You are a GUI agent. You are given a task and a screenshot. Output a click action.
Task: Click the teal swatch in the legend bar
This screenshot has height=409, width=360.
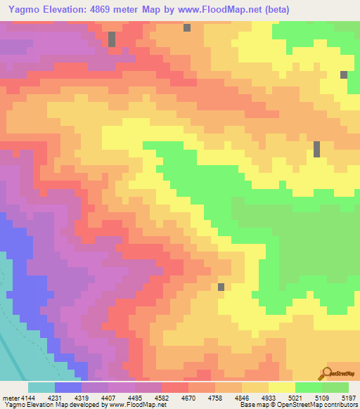[x=41, y=387]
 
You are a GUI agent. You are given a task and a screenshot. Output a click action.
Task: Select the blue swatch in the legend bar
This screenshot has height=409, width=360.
[x=68, y=387]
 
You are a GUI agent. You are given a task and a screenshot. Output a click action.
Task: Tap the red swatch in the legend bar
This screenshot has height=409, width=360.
[x=175, y=387]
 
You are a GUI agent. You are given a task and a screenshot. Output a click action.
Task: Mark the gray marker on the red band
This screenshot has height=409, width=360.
[x=112, y=39]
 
